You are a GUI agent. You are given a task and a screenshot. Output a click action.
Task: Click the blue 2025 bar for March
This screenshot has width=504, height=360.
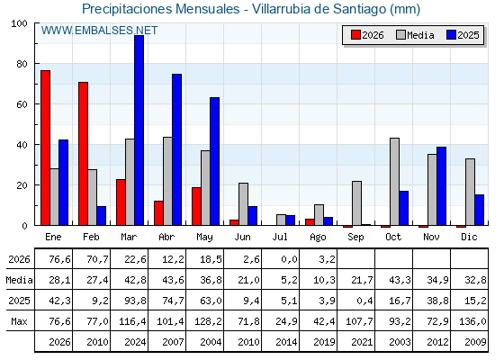pyautogui.click(x=139, y=130)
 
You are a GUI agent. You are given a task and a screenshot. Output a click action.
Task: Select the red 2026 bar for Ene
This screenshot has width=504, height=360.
pyautogui.click(x=45, y=148)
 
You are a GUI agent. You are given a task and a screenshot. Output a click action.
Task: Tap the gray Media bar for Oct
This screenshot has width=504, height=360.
pyautogui.click(x=394, y=182)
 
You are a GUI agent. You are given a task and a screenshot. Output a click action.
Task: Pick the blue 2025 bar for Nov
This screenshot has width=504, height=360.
pyautogui.click(x=441, y=186)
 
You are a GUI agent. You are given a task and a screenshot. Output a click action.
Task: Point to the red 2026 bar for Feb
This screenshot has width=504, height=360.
pyautogui.click(x=83, y=154)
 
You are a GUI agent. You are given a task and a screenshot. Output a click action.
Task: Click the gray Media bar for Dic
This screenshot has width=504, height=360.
pyautogui.click(x=470, y=192)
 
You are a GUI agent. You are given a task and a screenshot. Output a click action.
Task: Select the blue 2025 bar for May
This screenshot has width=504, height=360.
pyautogui.click(x=215, y=161)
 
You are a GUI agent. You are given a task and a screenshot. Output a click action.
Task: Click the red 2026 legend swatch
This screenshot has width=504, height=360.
pyautogui.click(x=355, y=35)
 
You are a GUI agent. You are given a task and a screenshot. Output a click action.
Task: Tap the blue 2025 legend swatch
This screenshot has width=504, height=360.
pyautogui.click(x=451, y=35)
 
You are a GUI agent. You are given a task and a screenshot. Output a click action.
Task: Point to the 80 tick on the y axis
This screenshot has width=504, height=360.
pyautogui.click(x=22, y=64)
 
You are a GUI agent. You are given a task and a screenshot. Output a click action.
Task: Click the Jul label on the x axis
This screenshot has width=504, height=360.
pyautogui.click(x=280, y=238)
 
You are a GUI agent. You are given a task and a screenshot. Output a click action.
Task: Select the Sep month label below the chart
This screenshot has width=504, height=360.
pyautogui.click(x=355, y=238)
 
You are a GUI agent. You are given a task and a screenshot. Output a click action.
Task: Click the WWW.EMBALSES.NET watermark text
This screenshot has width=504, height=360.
pyautogui.click(x=99, y=31)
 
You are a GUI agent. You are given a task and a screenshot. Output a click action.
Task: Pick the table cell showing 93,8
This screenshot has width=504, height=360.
pyautogui.click(x=135, y=301)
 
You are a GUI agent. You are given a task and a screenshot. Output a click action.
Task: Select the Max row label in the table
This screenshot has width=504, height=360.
pyautogui.click(x=19, y=321)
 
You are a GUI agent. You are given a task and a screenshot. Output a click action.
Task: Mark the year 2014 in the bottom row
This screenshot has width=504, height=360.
pyautogui.click(x=286, y=342)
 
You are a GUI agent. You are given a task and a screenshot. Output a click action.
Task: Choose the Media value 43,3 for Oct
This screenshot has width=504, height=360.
pyautogui.click(x=400, y=280)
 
